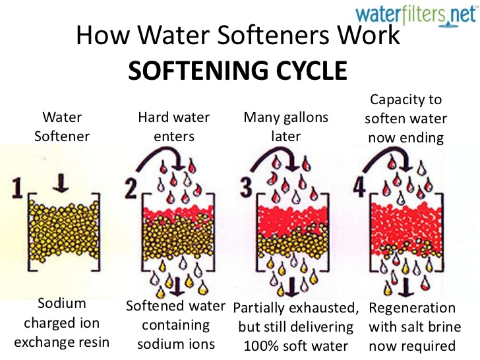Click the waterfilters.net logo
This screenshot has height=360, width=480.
[x=416, y=14]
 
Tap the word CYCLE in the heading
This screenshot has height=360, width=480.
[x=303, y=69]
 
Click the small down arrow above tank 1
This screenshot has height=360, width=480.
[x=60, y=182]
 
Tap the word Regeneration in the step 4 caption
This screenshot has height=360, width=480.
[x=411, y=309]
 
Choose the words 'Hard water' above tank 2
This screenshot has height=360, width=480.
[x=173, y=118]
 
